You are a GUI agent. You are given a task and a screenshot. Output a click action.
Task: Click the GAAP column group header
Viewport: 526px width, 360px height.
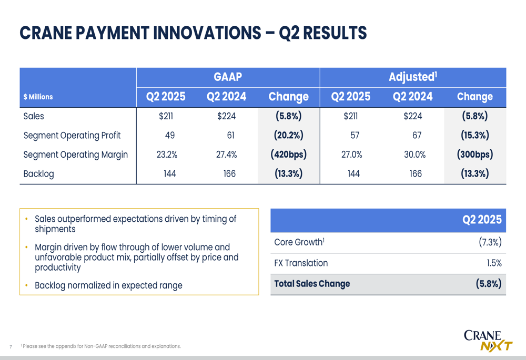pos(228,77)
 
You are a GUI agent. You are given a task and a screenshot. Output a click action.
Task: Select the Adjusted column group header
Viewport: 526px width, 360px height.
pos(412,77)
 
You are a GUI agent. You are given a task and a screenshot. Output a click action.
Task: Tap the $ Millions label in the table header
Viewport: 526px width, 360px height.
pos(38,97)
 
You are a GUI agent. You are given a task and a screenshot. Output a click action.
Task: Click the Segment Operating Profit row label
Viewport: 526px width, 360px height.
pos(72,136)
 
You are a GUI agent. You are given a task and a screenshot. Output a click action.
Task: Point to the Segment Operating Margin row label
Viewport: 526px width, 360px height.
pos(75,155)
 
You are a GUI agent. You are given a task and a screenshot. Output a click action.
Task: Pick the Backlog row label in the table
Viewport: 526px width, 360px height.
pos(38,173)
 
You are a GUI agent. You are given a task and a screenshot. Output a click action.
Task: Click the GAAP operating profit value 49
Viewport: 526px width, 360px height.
pos(170,135)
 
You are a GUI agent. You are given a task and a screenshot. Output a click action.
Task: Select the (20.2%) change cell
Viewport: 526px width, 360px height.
pos(288,135)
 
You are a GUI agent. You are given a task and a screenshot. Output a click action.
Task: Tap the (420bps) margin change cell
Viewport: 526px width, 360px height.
pos(288,154)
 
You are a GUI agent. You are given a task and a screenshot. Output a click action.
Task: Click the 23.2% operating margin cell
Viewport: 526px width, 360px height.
pos(167,155)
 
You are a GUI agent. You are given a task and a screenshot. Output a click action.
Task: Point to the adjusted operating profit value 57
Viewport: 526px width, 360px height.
pos(355,135)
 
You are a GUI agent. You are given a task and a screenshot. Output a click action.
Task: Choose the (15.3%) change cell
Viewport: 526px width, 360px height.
pos(474,135)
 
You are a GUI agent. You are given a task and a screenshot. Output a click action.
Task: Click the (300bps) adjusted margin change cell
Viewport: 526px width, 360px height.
pos(474,154)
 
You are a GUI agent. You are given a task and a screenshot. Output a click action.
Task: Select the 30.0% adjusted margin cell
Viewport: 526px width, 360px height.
pos(414,155)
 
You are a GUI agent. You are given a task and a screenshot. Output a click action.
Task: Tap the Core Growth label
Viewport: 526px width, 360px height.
pos(299,242)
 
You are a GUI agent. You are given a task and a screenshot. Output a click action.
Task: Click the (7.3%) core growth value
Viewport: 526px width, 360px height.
pos(490,242)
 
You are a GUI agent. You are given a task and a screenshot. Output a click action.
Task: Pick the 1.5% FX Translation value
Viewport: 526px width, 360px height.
pos(494,263)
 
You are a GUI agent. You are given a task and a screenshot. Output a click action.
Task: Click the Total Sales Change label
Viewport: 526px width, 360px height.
pos(312,284)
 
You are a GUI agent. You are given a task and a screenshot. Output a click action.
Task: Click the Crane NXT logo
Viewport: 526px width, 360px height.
pos(488,341)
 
